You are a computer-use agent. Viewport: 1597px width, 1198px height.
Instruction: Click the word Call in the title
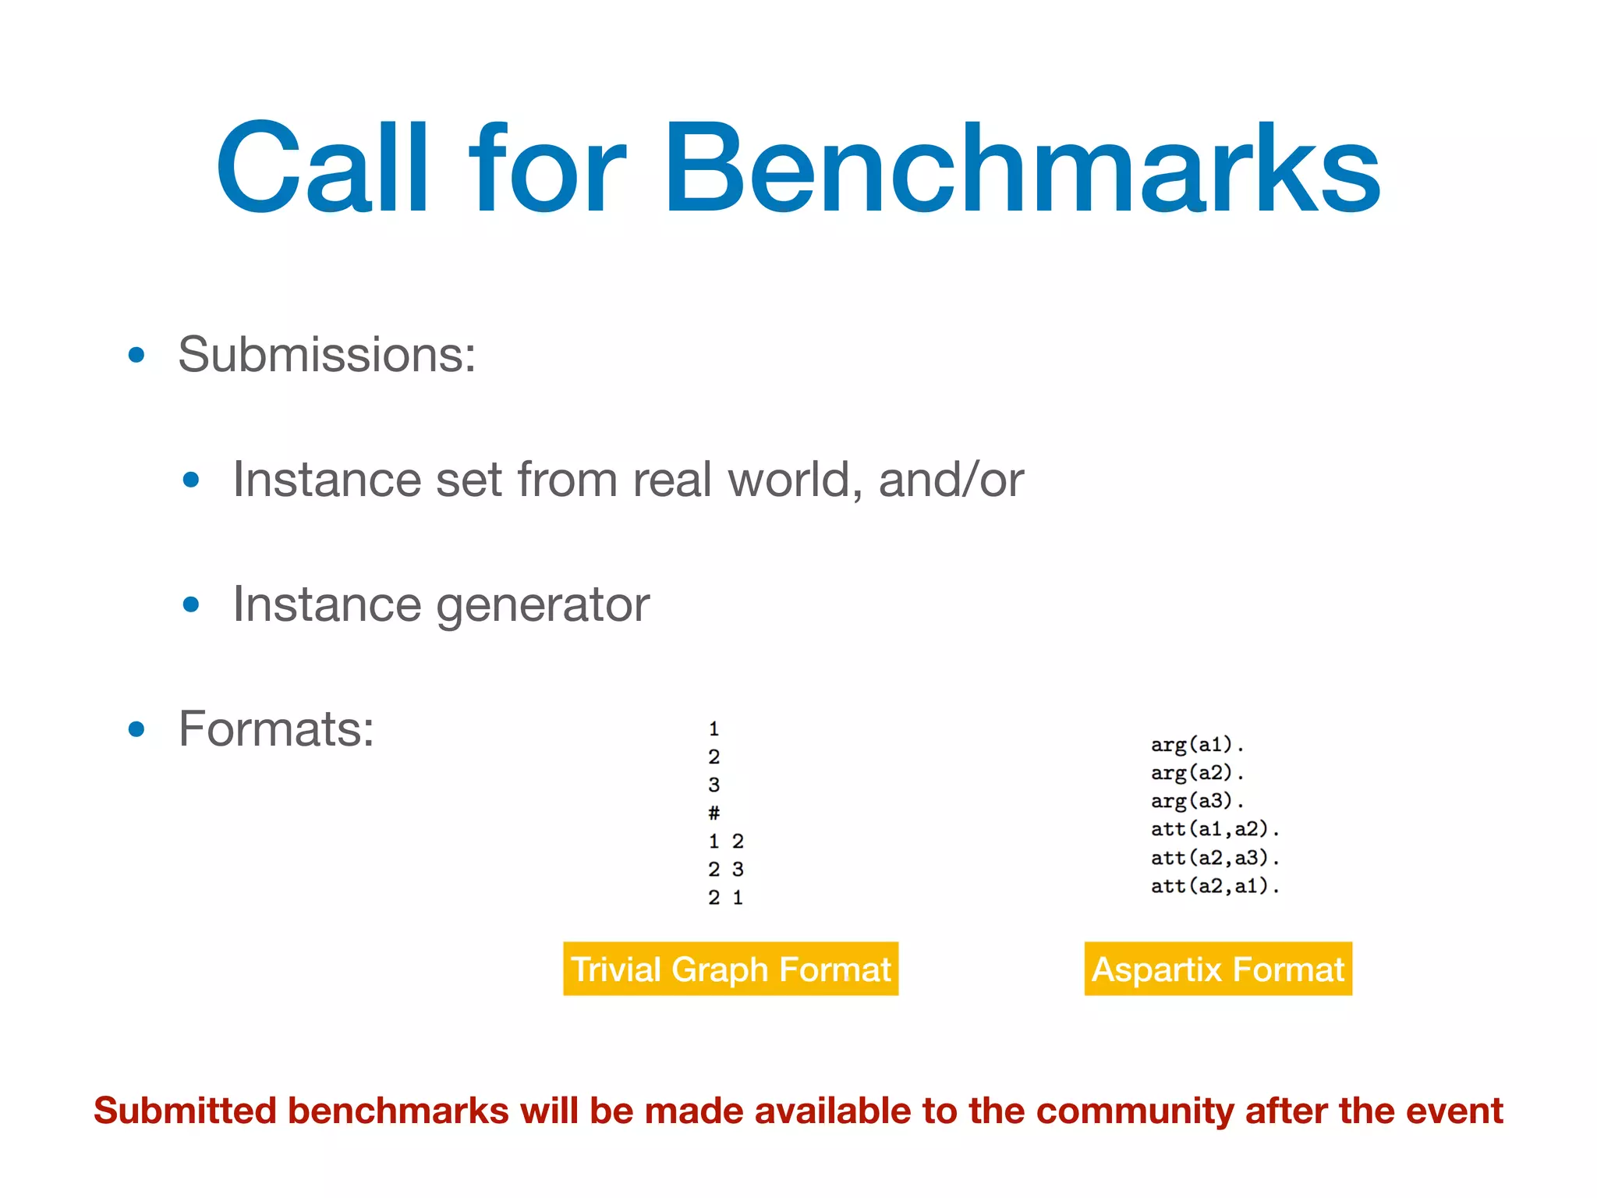322,168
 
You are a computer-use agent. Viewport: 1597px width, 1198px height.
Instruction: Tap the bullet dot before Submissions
136,356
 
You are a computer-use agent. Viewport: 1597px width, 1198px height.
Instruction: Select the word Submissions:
327,355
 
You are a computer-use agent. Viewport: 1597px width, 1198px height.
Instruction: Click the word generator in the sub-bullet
543,604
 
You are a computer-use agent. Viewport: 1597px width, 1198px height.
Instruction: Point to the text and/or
951,480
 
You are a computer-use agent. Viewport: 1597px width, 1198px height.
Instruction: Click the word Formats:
276,729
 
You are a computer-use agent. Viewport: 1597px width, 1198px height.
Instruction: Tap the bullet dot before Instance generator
191,604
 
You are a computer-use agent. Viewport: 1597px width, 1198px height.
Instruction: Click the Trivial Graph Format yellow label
731,969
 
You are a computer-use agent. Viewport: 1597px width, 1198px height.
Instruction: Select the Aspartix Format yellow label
1218,969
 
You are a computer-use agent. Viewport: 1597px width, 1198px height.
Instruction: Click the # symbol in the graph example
714,813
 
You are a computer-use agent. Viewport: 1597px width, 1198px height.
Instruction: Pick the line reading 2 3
725,869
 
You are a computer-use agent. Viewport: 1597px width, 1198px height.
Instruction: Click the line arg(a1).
1197,745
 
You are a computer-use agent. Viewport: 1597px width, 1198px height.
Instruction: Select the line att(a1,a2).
1214,829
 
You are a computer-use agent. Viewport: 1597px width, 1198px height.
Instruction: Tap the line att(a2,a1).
1214,886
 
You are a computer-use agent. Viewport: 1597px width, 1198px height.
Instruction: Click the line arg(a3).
1197,801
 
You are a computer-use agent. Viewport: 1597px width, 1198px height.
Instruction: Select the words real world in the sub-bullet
747,480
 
